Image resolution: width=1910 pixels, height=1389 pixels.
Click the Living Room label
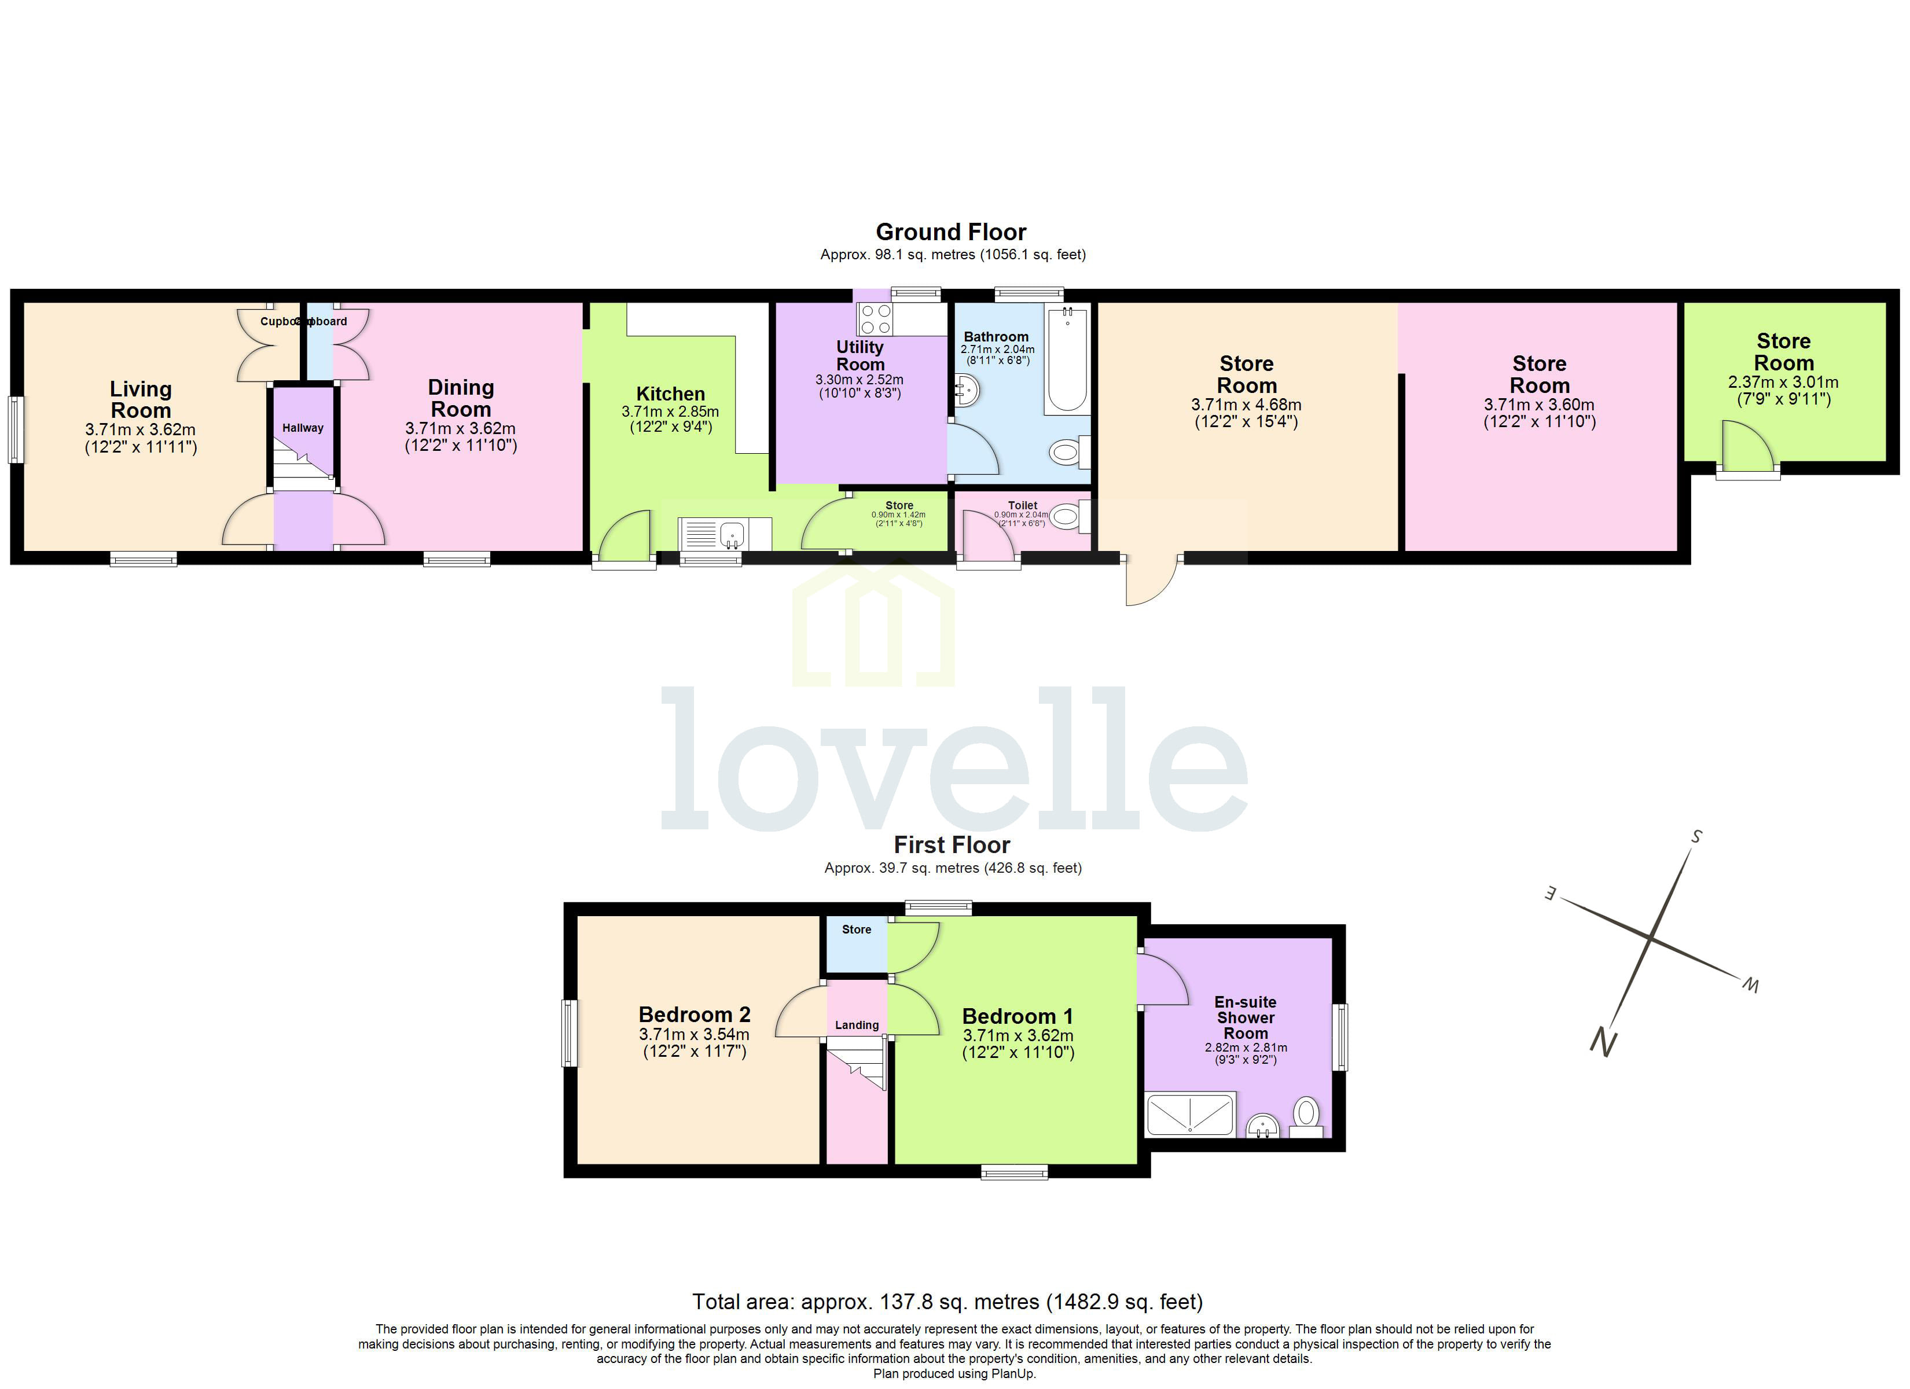pos(141,400)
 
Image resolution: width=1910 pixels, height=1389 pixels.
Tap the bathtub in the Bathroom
pos(1067,361)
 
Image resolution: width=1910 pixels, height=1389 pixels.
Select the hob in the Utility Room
pos(875,319)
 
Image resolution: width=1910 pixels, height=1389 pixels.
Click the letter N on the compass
pos(1603,1043)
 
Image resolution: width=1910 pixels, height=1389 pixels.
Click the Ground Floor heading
pos(951,231)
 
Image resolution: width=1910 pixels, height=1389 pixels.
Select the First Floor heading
pos(952,845)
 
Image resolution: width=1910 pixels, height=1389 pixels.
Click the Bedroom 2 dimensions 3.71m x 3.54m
pos(694,1034)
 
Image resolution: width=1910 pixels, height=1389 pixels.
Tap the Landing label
pos(857,1025)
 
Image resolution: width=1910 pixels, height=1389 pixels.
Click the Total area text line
pos(947,1302)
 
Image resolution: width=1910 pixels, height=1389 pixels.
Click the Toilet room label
pos(1022,505)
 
